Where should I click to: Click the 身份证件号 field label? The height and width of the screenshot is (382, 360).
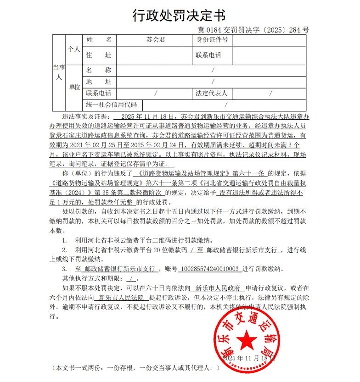(x=212, y=40)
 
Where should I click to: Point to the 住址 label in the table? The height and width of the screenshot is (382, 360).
(x=99, y=55)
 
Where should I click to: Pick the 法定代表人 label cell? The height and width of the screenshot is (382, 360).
(x=212, y=94)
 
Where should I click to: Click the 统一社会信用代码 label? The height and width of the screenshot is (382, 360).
(x=112, y=105)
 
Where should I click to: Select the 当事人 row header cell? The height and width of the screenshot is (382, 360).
(x=59, y=72)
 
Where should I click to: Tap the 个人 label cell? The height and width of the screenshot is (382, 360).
(x=74, y=49)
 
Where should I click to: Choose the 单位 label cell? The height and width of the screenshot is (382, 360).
(x=74, y=87)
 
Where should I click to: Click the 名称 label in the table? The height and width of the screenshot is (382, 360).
(x=99, y=71)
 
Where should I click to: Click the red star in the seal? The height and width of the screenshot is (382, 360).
(x=248, y=341)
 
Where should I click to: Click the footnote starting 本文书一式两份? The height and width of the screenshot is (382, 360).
(x=136, y=368)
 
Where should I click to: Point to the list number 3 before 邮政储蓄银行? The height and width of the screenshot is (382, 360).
(x=65, y=269)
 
